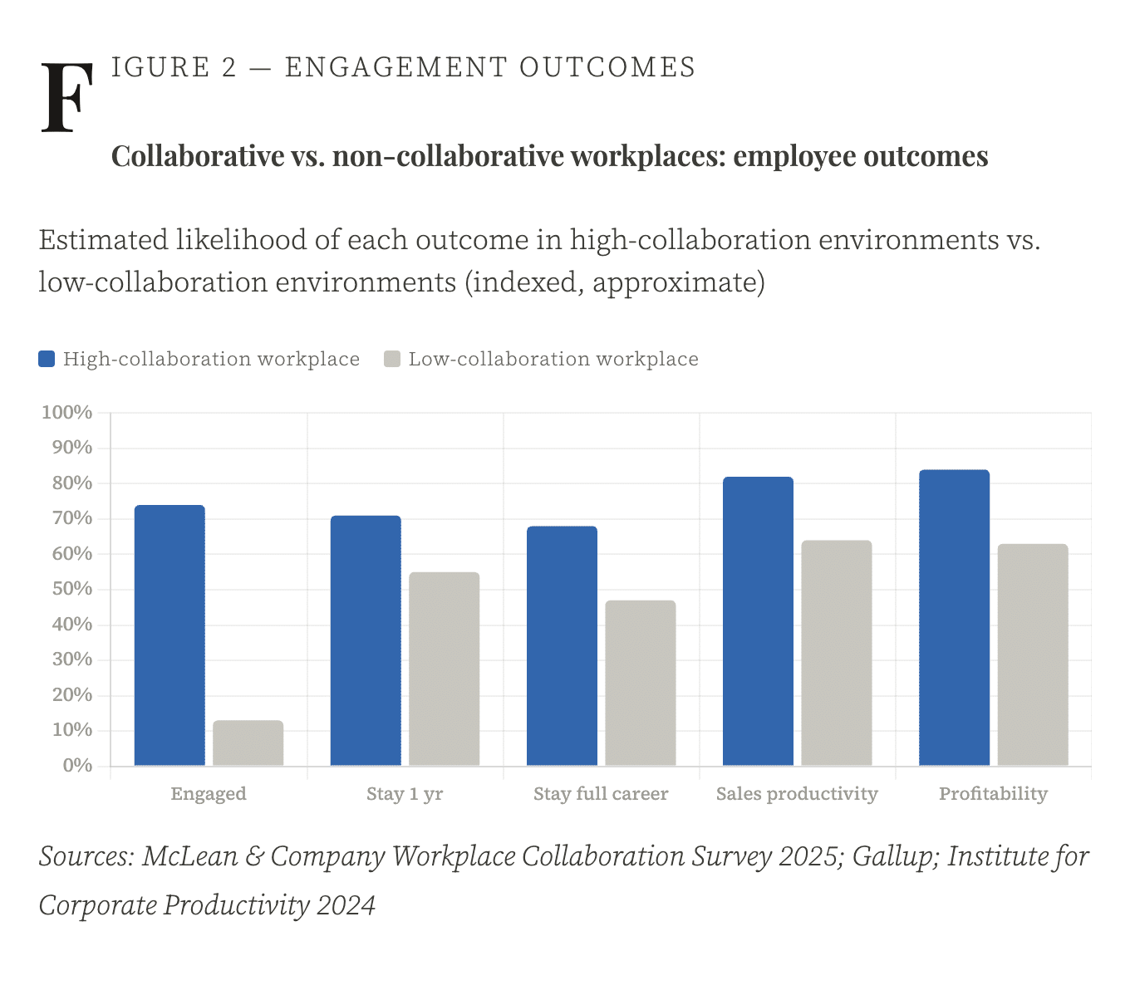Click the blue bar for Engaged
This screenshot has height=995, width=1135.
[170, 635]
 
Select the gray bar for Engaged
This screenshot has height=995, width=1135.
[248, 743]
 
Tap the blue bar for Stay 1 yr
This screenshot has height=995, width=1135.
[366, 640]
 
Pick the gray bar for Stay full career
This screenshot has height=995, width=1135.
[640, 683]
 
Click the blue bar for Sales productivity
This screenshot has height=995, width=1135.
[758, 621]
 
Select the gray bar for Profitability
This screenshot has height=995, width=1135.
[1033, 654]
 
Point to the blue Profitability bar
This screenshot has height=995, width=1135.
[954, 618]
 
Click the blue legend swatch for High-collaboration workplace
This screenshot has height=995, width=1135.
[47, 359]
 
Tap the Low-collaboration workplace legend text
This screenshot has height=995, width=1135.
[553, 359]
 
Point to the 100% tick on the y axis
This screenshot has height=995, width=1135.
[67, 412]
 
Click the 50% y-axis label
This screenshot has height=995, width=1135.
[71, 589]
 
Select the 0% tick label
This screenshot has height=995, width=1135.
[77, 765]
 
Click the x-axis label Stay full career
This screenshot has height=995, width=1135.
[601, 794]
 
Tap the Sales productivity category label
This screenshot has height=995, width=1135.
[797, 794]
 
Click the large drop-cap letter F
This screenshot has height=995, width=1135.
[66, 97]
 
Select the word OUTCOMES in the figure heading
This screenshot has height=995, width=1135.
[607, 67]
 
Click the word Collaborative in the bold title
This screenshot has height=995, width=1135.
[198, 156]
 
